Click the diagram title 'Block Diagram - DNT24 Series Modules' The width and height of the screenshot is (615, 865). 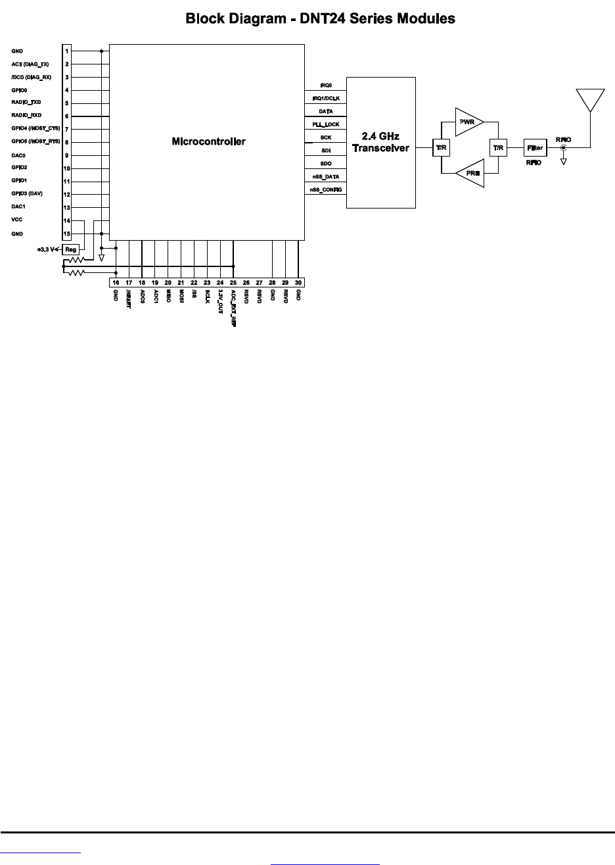coord(320,18)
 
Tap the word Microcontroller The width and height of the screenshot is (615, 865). coord(208,141)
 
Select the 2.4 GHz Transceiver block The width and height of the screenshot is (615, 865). coord(380,142)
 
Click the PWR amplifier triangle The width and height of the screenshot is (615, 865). coord(468,122)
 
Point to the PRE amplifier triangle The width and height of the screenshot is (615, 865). coord(470,174)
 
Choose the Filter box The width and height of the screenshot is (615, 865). coord(534,147)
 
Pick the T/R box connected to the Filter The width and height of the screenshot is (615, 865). coord(498,147)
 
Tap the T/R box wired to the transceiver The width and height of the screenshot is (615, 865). coord(441,147)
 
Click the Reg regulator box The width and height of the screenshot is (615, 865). coord(71,249)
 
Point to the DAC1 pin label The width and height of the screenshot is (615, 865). coord(18,207)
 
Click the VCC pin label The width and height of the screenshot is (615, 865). coord(17,220)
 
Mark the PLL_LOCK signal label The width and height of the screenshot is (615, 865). coord(325,124)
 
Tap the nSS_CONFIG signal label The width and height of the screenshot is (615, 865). coord(325,189)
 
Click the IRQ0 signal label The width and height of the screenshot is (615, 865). coord(325,86)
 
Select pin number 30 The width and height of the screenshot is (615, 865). coord(298,282)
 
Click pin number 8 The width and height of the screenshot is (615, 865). coord(67,142)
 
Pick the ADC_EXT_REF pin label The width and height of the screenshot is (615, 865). coord(233,308)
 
